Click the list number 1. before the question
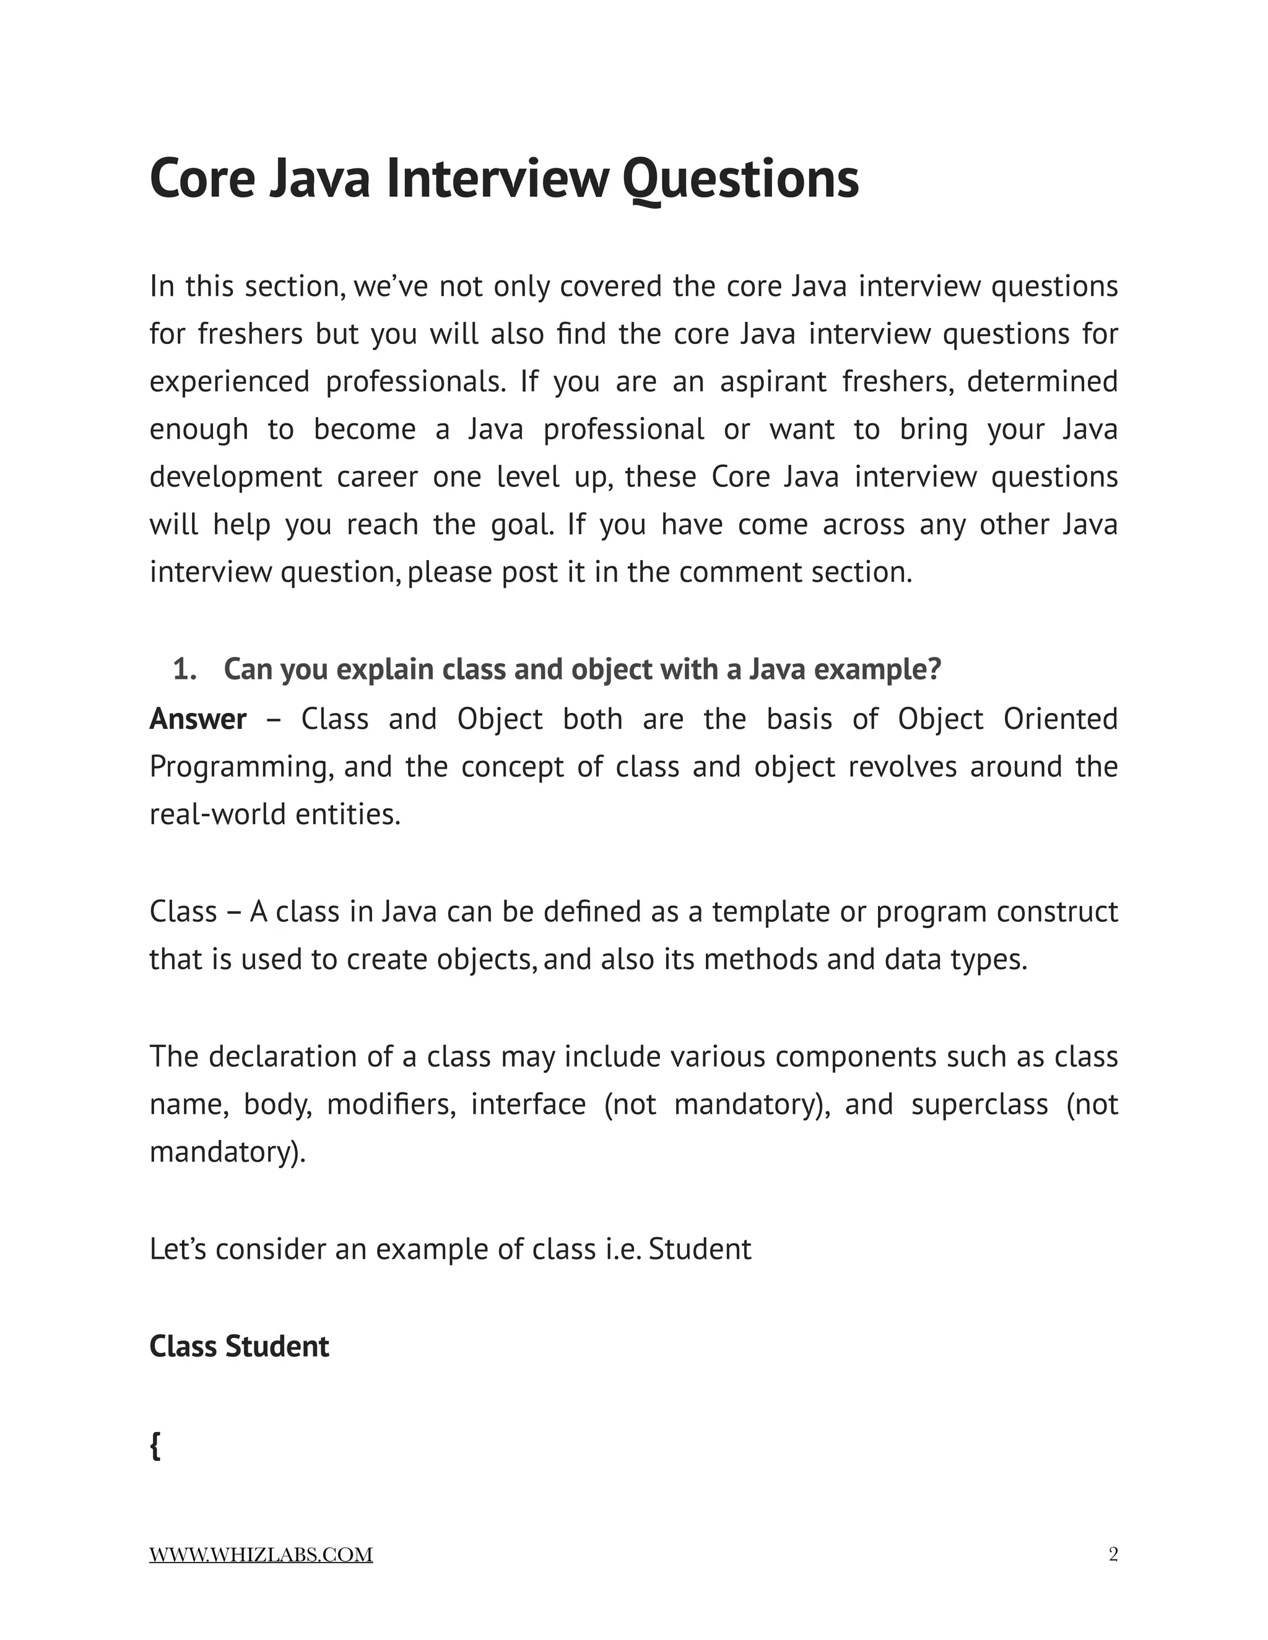(x=185, y=669)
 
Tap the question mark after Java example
(x=934, y=669)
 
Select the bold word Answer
(x=198, y=719)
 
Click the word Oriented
(x=1060, y=719)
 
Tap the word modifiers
(x=391, y=1105)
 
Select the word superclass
(x=979, y=1105)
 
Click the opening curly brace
(x=155, y=1445)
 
